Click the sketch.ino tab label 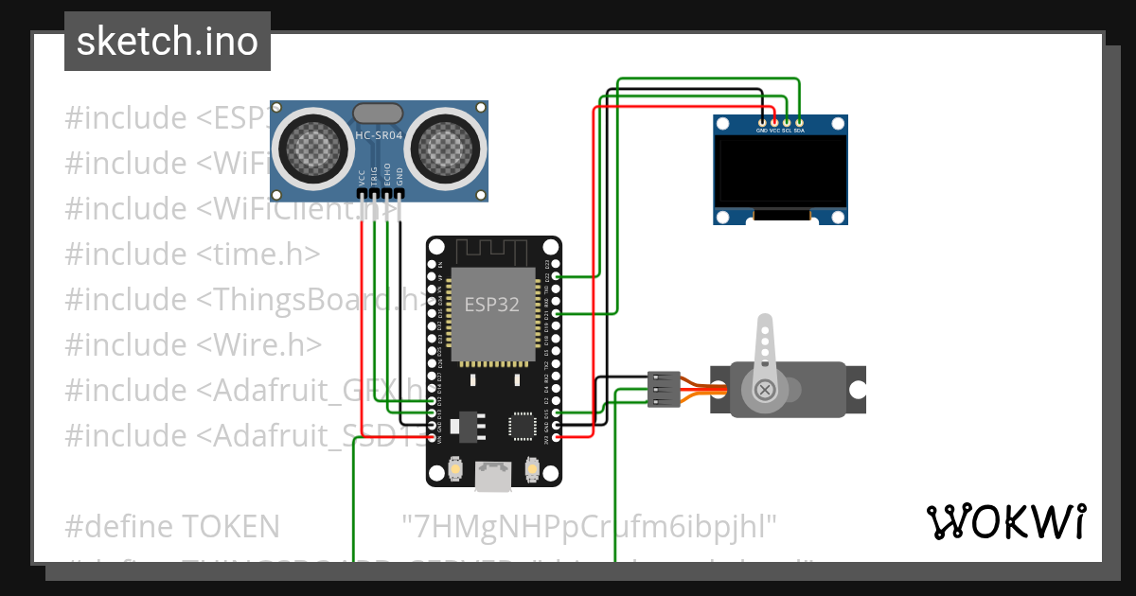pyautogui.click(x=168, y=42)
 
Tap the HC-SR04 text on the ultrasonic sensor pyautogui.click(x=379, y=136)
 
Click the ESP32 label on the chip pyautogui.click(x=491, y=305)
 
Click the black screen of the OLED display pyautogui.click(x=780, y=170)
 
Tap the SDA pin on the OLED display pyautogui.click(x=800, y=122)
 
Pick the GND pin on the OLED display pyautogui.click(x=762, y=122)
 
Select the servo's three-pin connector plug pyautogui.click(x=663, y=389)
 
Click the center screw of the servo pyautogui.click(x=763, y=390)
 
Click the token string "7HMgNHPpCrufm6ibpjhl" pyautogui.click(x=589, y=525)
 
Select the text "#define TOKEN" pyautogui.click(x=172, y=525)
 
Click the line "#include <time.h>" pyautogui.click(x=192, y=254)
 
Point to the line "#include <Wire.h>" pyautogui.click(x=193, y=344)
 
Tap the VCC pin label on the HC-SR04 pyautogui.click(x=362, y=177)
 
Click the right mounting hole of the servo pyautogui.click(x=857, y=390)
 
